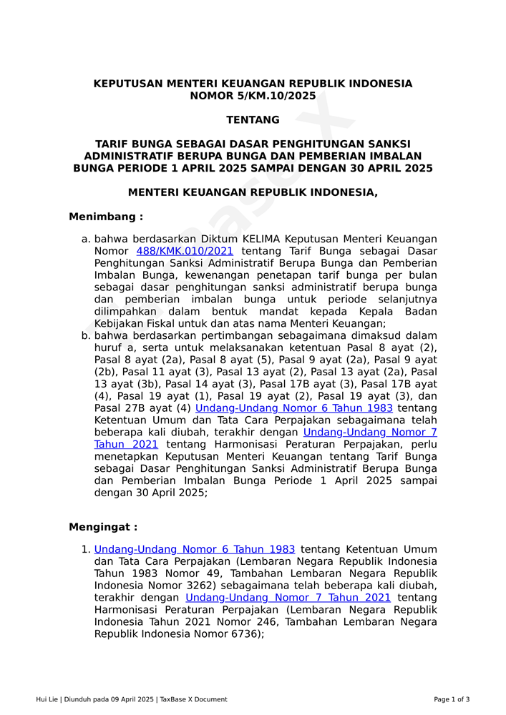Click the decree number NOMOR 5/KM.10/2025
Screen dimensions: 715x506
[253, 96]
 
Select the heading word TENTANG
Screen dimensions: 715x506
[253, 120]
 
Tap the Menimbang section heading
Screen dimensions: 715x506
[106, 217]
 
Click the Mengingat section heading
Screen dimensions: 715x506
[103, 527]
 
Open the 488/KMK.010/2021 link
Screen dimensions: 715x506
[185, 251]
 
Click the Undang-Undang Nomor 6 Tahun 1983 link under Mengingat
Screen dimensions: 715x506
[195, 549]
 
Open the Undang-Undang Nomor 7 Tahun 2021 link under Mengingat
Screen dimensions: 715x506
[288, 598]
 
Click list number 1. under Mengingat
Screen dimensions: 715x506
[86, 549]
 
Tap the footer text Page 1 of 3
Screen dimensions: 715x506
[452, 699]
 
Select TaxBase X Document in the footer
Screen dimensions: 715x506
[193, 699]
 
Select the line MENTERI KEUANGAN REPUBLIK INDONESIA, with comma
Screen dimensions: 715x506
[253, 192]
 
